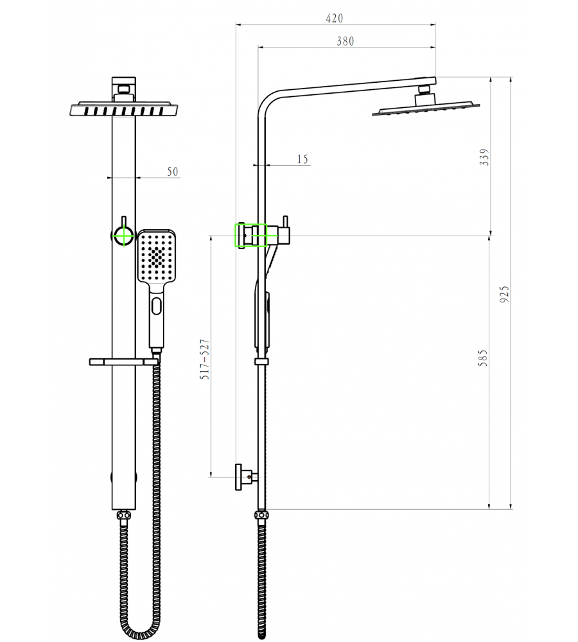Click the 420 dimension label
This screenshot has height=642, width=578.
click(x=334, y=19)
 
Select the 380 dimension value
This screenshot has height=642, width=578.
click(x=346, y=41)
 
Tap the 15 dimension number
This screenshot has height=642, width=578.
click(x=302, y=159)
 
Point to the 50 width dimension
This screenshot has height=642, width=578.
click(x=173, y=171)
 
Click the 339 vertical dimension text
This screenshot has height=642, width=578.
click(x=485, y=157)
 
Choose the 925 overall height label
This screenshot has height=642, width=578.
click(x=505, y=294)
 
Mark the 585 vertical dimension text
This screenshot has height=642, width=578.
click(x=483, y=358)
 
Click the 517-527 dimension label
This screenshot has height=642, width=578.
click(x=205, y=359)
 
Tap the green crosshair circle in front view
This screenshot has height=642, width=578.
click(x=123, y=236)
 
